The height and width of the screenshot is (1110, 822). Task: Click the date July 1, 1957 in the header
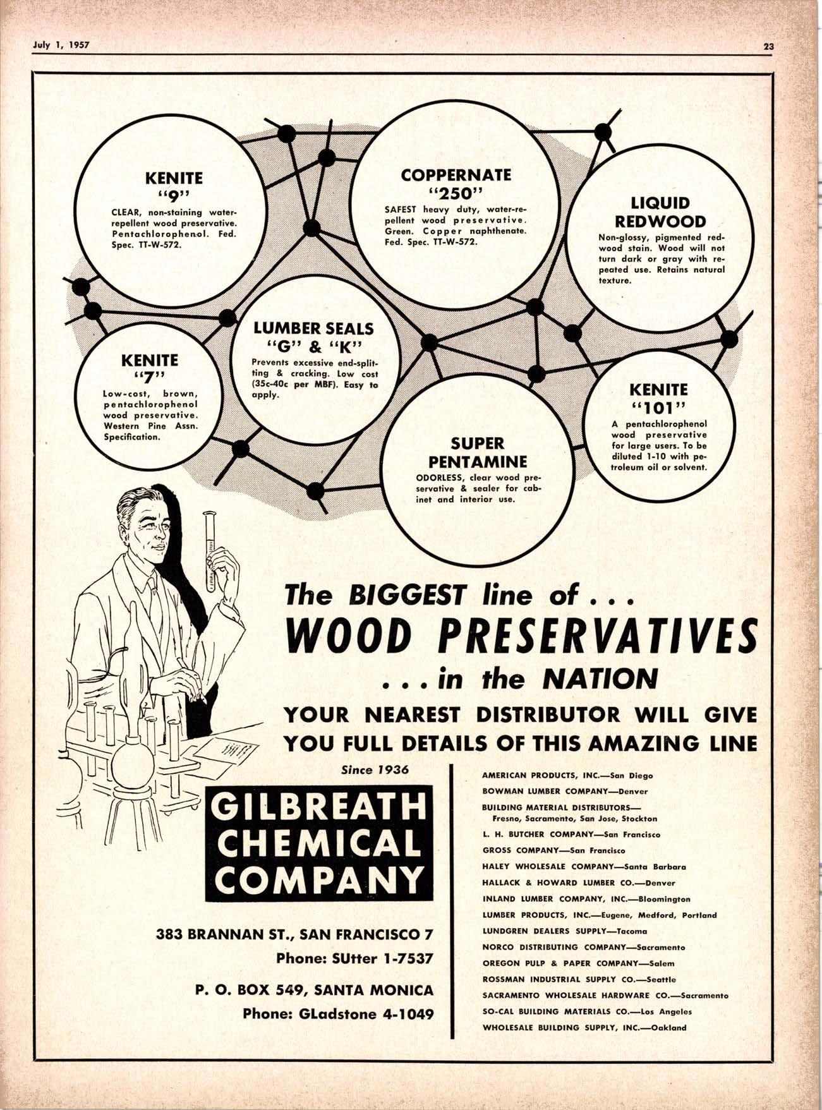coord(61,45)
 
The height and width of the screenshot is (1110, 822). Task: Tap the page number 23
coord(768,45)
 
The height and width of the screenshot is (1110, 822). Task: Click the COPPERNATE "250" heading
coord(456,182)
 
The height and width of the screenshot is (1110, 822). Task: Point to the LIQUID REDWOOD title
coord(660,212)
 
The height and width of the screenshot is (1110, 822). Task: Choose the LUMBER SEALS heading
coord(313,336)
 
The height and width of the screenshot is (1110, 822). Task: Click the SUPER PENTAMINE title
coord(477,452)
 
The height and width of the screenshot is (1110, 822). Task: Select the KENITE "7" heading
coord(150,368)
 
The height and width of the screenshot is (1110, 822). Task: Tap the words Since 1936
coord(375,770)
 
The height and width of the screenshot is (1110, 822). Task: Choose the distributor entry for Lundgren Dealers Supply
coord(564,931)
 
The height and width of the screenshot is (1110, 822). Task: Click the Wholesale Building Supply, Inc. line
coord(584,1027)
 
